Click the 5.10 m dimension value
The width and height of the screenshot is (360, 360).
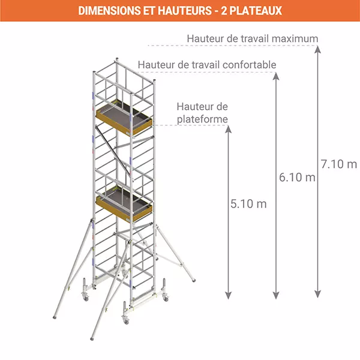tap(248, 203)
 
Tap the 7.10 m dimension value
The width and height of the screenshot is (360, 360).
tap(338, 163)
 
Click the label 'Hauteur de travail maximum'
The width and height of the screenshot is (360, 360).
tap(252, 38)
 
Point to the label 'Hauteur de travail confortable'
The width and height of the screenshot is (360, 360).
tap(207, 64)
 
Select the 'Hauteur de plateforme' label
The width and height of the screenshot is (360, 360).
tap(202, 113)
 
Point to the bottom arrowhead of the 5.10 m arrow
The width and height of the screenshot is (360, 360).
tap(227, 294)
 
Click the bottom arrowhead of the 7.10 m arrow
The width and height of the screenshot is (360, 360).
tap(317, 294)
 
